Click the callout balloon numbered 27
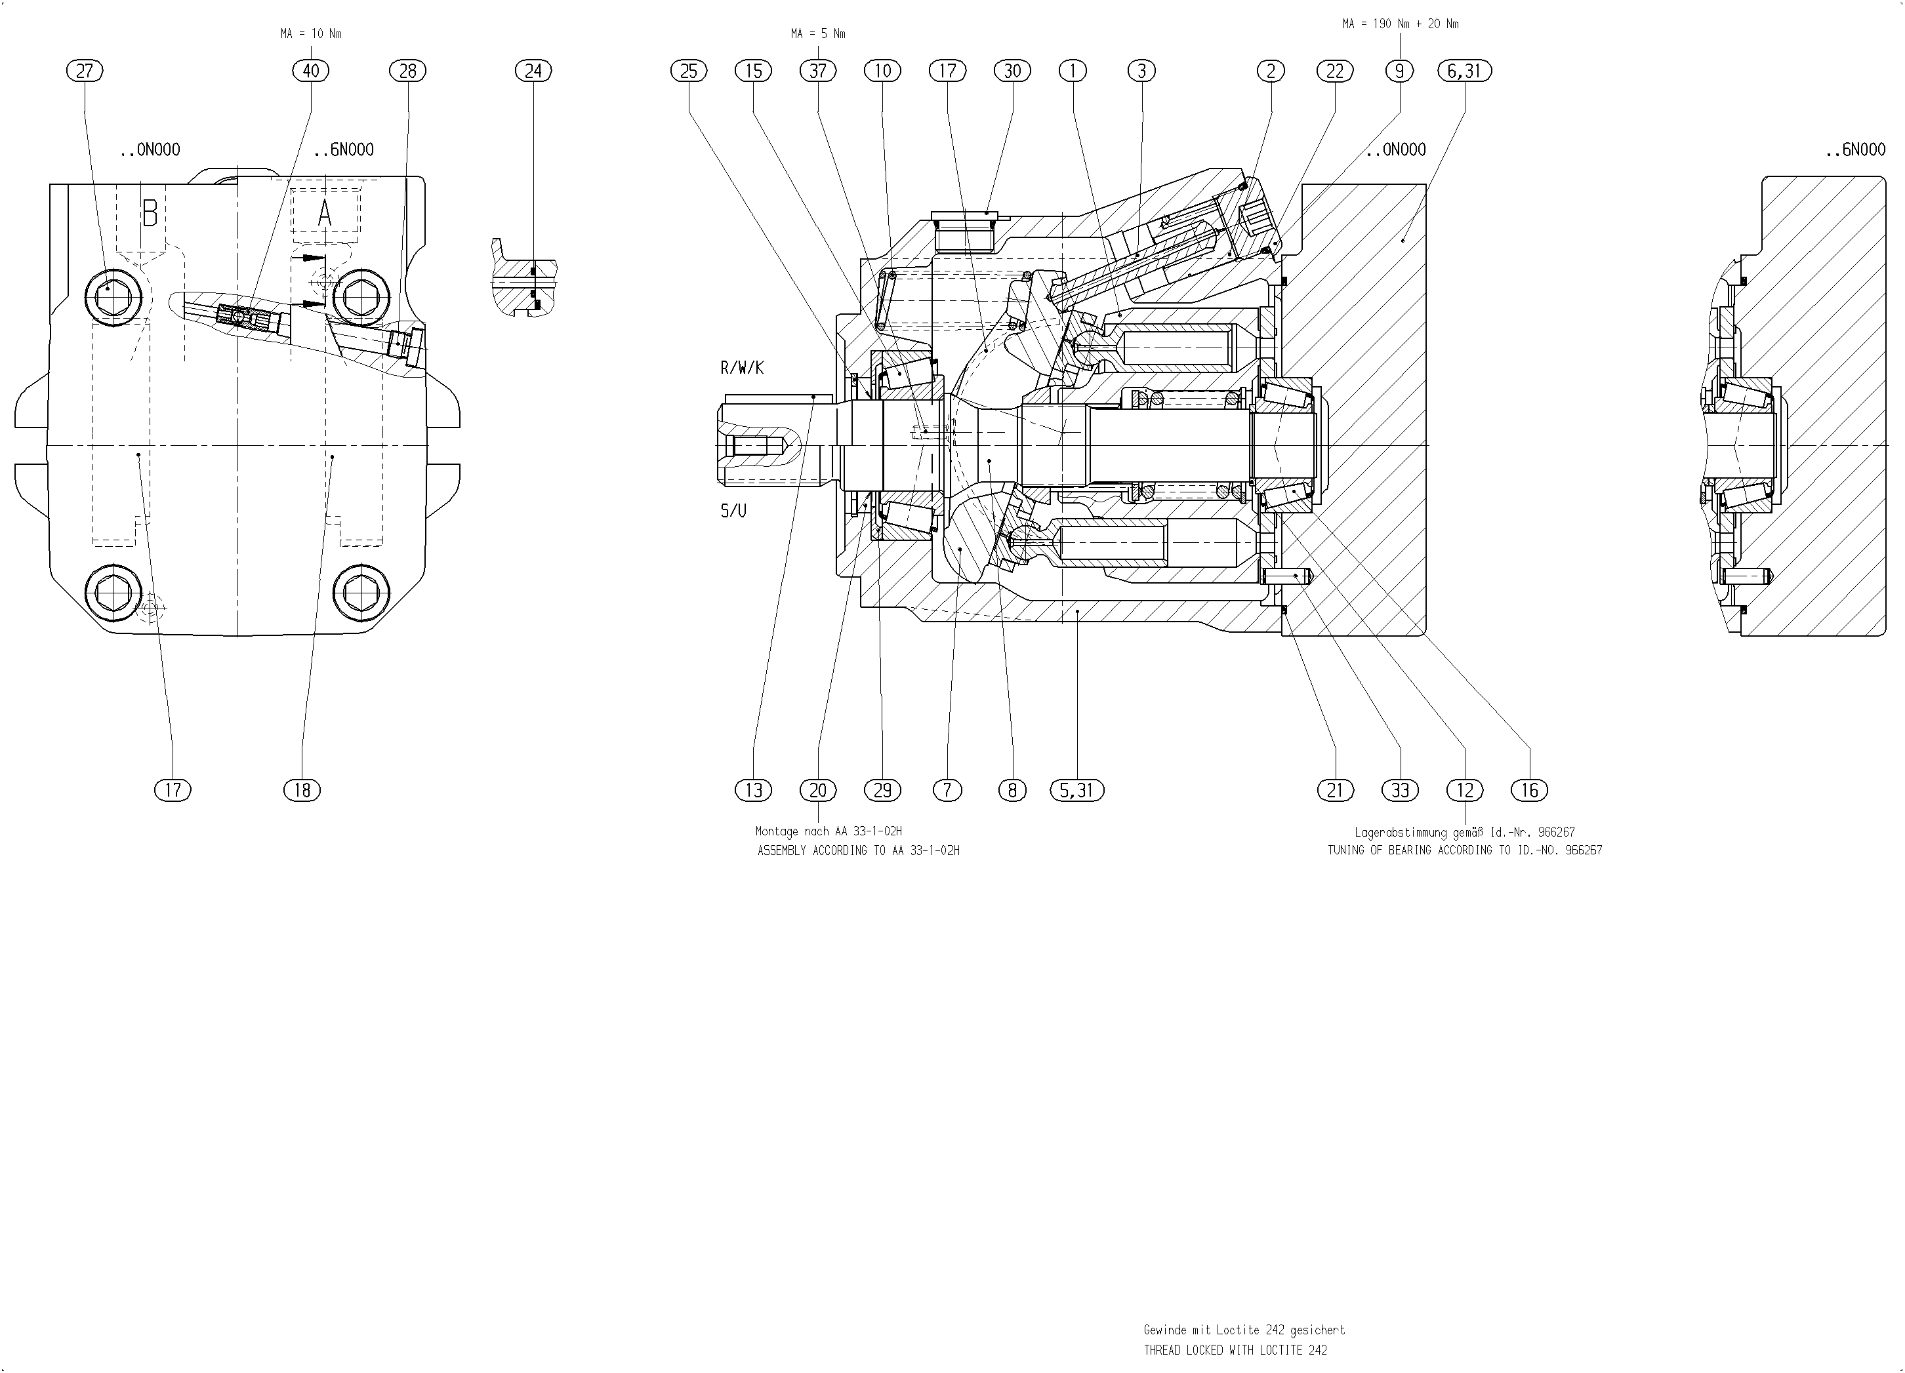coord(84,71)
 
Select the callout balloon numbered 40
coord(311,71)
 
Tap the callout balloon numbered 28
coord(407,71)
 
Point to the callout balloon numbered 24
coord(533,71)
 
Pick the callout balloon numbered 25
coord(689,71)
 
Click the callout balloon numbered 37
coord(818,71)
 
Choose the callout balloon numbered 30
coord(1012,71)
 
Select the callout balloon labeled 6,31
coord(1464,71)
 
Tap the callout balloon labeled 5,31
coord(1077,789)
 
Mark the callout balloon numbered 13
coord(754,789)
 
